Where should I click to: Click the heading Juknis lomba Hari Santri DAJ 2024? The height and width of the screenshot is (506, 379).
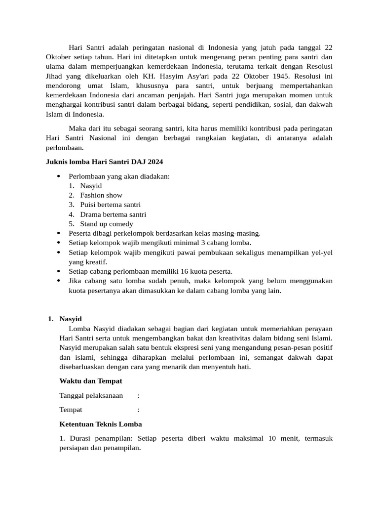click(x=104, y=162)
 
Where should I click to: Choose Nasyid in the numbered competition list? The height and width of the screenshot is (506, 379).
click(x=91, y=186)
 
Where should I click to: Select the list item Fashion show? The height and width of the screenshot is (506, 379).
click(x=101, y=195)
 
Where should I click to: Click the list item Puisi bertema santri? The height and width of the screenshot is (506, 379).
click(x=110, y=205)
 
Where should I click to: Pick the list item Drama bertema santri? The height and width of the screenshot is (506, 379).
click(x=113, y=214)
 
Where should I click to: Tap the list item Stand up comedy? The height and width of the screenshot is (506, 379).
click(x=107, y=224)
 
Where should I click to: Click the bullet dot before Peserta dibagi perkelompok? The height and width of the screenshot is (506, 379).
click(x=59, y=233)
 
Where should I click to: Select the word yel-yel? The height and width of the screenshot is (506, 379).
click(x=322, y=253)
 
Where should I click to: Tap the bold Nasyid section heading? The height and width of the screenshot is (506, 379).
click(x=71, y=319)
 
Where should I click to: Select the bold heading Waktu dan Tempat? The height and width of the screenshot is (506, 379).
click(x=90, y=381)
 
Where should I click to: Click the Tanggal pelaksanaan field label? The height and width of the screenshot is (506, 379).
click(x=91, y=395)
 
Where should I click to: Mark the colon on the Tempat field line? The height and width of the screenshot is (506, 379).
click(x=139, y=410)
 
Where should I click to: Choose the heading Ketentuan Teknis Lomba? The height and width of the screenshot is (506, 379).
click(x=100, y=424)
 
